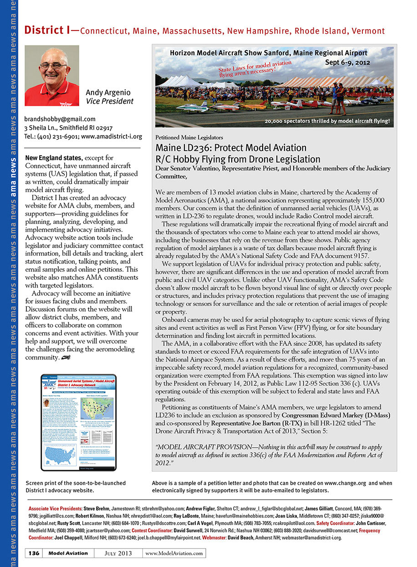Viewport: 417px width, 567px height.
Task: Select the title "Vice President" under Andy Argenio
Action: coord(109,101)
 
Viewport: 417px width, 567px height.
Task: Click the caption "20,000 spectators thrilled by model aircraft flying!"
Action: coord(327,121)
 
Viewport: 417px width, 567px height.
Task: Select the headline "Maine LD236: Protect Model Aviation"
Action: coord(231,148)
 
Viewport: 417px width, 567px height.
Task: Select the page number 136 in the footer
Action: coord(34,553)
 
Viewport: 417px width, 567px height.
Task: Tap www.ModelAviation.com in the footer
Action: coord(174,553)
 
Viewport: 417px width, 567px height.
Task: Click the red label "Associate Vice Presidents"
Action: coord(55,508)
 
